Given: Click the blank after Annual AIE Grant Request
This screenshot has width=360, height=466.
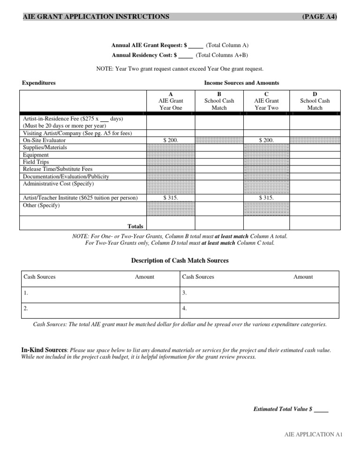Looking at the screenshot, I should (x=196, y=46).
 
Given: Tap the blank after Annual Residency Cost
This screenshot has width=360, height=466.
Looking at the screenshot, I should (x=186, y=55).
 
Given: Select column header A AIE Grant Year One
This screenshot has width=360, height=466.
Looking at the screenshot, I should (x=171, y=101).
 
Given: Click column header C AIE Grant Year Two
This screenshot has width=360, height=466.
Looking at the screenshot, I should (x=266, y=101).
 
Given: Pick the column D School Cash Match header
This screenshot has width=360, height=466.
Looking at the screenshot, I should (x=315, y=101).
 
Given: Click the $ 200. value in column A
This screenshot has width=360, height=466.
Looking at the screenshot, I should (x=171, y=140).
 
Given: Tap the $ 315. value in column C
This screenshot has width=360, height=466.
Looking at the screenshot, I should (x=266, y=198).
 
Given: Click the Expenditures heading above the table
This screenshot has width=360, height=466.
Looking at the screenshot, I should (x=39, y=83).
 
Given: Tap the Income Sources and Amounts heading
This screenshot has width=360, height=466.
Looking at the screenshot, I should (x=241, y=83).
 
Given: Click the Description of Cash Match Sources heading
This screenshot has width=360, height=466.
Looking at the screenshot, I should (x=180, y=261).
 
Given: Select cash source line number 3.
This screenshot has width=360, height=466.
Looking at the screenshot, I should (x=184, y=293).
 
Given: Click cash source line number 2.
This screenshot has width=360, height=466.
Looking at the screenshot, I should (x=25, y=309).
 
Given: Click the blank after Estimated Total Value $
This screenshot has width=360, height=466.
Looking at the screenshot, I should (x=321, y=409).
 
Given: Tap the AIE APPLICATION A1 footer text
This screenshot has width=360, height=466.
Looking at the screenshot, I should (x=314, y=435).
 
